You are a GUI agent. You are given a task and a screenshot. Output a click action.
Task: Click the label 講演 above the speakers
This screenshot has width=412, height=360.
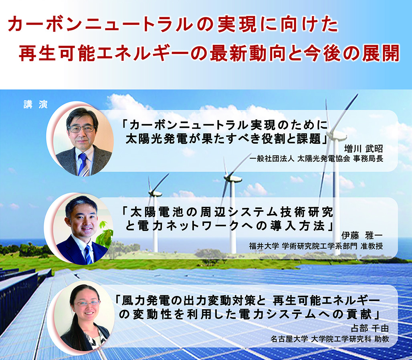36,105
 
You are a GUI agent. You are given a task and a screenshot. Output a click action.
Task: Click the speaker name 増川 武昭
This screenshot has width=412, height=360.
364,149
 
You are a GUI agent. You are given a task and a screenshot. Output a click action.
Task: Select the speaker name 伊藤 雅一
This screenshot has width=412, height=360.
362,235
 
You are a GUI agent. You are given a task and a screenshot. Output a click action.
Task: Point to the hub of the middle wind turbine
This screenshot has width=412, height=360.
232,179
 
